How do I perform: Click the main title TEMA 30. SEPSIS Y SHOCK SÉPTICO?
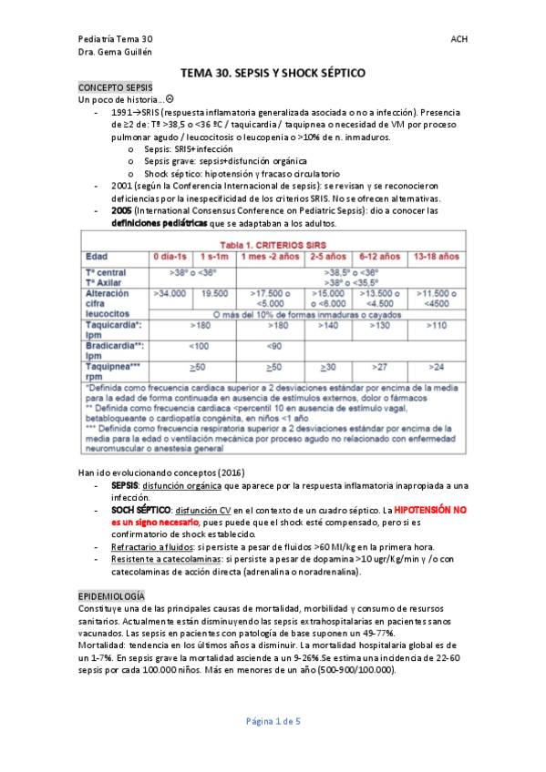click(273, 71)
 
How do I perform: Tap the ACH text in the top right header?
click(458, 40)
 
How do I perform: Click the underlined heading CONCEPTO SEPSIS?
click(109, 86)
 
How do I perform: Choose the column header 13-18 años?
click(437, 256)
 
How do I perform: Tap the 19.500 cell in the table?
click(214, 293)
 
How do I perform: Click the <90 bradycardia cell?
click(273, 346)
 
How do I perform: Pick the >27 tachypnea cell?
click(379, 366)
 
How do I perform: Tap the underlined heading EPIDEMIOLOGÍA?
click(111, 594)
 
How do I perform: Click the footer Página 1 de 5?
click(273, 721)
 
